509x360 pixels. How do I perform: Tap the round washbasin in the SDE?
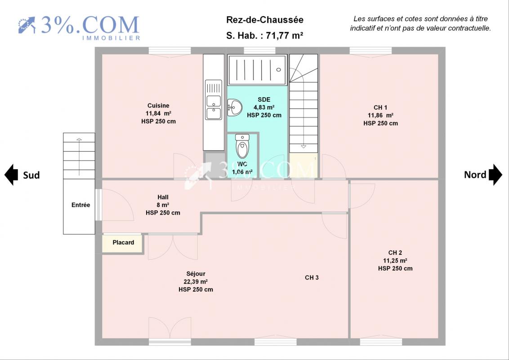coord(234,108)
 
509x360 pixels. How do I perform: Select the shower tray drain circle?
coord(278,70)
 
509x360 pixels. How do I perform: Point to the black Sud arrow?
coord(11,175)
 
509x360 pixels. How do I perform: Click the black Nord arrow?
coord(496,175)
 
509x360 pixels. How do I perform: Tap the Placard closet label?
coord(123,243)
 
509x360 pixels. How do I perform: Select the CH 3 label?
coord(312,278)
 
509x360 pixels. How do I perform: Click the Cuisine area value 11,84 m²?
coord(158,113)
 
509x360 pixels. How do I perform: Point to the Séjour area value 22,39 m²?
coord(196,282)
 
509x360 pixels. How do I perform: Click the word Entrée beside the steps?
coord(81,205)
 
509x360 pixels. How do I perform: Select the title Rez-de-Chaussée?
coord(265,20)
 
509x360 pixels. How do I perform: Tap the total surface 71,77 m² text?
coord(285,36)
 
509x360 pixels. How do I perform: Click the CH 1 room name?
coord(380,108)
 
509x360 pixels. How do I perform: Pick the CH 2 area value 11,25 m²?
coord(395,261)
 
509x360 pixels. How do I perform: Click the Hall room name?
coord(163,197)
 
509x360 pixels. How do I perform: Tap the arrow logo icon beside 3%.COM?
coord(27,25)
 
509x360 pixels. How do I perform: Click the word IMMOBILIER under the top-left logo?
coord(111,38)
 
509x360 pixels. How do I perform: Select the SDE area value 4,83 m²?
coord(264,108)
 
